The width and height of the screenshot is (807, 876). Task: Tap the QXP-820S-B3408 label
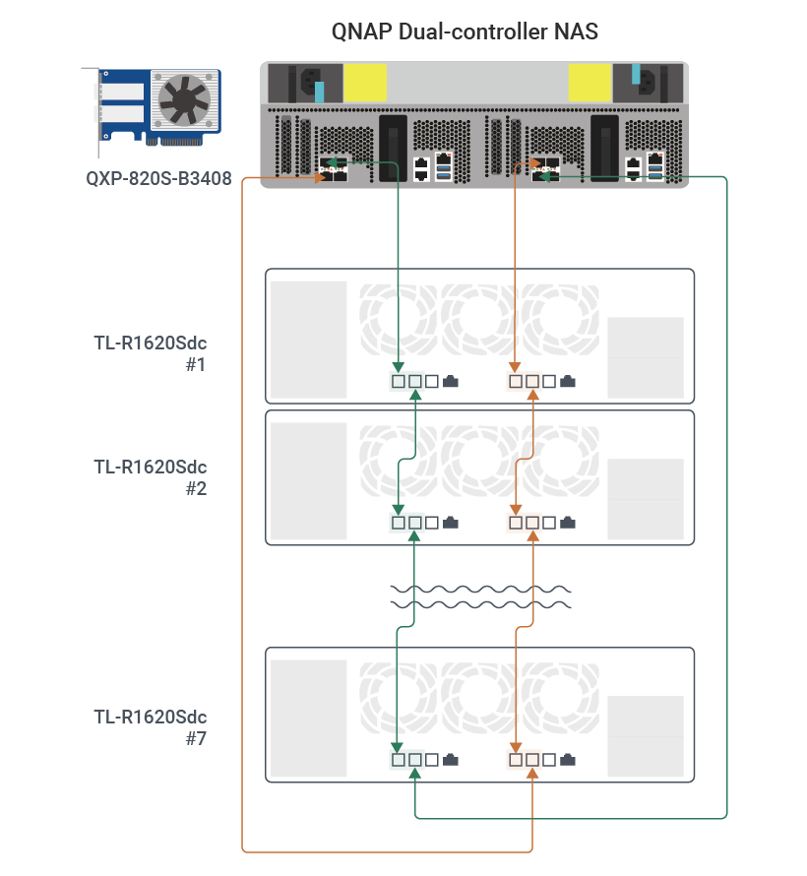[x=158, y=180]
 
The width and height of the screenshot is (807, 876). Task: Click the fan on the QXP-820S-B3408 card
[x=180, y=99]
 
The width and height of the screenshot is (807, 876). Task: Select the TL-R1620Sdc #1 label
[x=151, y=353]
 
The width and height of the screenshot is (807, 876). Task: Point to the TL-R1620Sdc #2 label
[x=151, y=476]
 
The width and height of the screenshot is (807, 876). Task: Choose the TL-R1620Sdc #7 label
[x=151, y=726]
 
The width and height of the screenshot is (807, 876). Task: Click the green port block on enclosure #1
[x=407, y=381]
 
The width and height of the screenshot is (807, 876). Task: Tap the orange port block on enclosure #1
[x=524, y=381]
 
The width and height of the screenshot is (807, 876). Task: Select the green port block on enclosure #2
[x=407, y=523]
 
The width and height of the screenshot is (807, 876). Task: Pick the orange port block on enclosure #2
[x=524, y=523]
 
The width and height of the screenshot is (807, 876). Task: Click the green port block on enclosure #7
[x=407, y=760]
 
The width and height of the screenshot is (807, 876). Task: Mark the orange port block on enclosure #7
[x=524, y=760]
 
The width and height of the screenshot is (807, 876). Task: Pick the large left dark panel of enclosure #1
[x=309, y=340]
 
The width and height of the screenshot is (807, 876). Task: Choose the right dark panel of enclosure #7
[x=645, y=735]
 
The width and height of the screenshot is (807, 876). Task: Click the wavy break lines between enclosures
[x=480, y=595]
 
